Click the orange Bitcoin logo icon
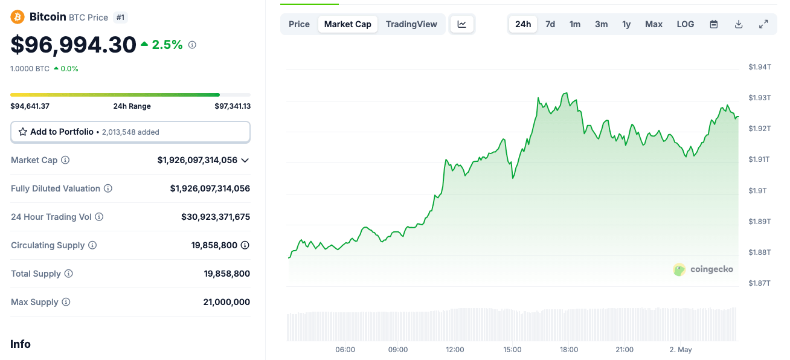tap(18, 17)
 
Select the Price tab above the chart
tap(299, 24)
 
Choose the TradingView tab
tap(411, 24)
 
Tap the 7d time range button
tap(550, 24)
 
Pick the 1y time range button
tap(626, 24)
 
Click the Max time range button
tap(654, 24)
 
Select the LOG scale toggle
tap(686, 24)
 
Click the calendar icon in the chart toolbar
tap(714, 24)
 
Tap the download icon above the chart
tap(739, 24)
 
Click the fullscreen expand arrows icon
tap(763, 24)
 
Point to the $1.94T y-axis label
tap(759, 66)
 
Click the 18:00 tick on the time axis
tap(569, 350)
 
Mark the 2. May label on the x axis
tap(681, 350)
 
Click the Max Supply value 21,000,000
tap(226, 302)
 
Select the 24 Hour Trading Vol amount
tap(216, 217)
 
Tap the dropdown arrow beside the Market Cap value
tap(245, 160)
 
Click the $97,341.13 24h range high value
tap(233, 106)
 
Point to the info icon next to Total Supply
tap(69, 274)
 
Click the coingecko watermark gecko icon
tap(679, 269)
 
